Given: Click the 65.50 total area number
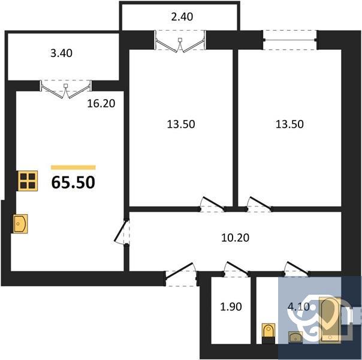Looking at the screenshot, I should [73, 182].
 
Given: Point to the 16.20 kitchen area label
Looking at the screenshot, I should [101, 103].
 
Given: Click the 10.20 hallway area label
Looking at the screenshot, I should [235, 237].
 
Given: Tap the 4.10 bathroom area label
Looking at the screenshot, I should [298, 307].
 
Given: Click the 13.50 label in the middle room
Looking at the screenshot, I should [182, 125].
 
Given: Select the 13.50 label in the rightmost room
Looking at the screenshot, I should [289, 125].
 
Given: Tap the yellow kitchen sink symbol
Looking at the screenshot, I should [21, 224].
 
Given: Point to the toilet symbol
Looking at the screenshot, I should [268, 331].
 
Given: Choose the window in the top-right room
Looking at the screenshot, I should [290, 40].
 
